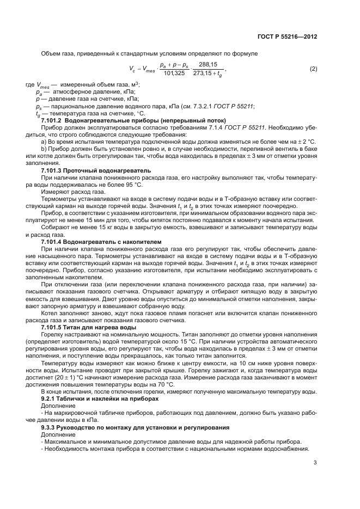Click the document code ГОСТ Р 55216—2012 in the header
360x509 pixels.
coord(287,37)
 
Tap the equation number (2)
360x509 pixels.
coord(313,69)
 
